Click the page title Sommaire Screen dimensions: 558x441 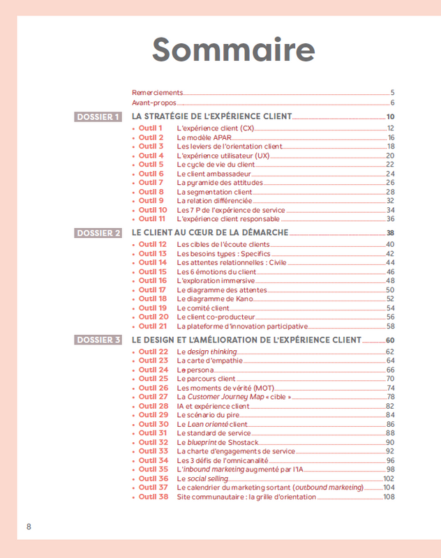click(x=233, y=50)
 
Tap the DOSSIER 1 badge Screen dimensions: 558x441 click(x=98, y=116)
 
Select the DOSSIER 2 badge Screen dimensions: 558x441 click(x=98, y=233)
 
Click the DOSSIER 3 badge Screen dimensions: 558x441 click(x=98, y=340)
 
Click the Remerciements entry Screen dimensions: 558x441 click(x=157, y=92)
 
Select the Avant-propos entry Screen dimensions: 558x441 click(x=154, y=103)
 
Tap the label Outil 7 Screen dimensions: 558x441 click(x=151, y=183)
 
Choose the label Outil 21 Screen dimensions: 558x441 click(x=153, y=326)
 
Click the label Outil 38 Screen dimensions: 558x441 click(x=153, y=497)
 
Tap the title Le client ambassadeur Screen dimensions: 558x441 click(x=212, y=174)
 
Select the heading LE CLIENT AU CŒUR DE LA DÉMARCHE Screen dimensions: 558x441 click(x=209, y=233)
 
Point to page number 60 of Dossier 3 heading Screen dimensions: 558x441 click(x=390, y=340)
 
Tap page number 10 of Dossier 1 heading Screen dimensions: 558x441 click(x=391, y=116)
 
